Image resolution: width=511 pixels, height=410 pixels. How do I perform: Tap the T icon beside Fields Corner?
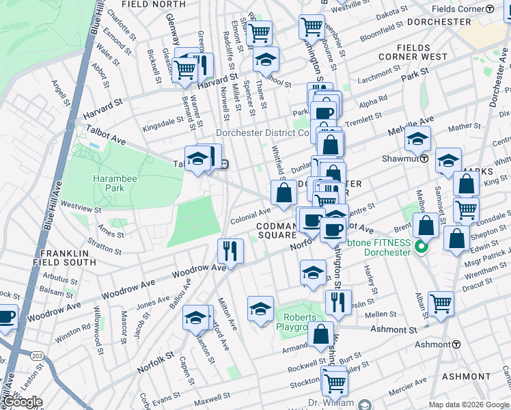click(x=490, y=9)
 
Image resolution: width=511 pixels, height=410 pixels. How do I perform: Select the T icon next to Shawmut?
click(x=424, y=158)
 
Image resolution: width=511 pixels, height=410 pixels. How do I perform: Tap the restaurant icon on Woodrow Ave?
click(x=230, y=250)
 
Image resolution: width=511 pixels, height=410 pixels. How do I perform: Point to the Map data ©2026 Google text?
click(x=469, y=405)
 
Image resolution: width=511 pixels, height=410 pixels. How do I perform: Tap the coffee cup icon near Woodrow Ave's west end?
click(x=5, y=317)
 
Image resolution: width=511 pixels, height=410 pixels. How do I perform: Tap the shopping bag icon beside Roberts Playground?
click(x=320, y=334)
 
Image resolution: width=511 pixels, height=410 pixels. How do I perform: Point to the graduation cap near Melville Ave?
click(x=417, y=138)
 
